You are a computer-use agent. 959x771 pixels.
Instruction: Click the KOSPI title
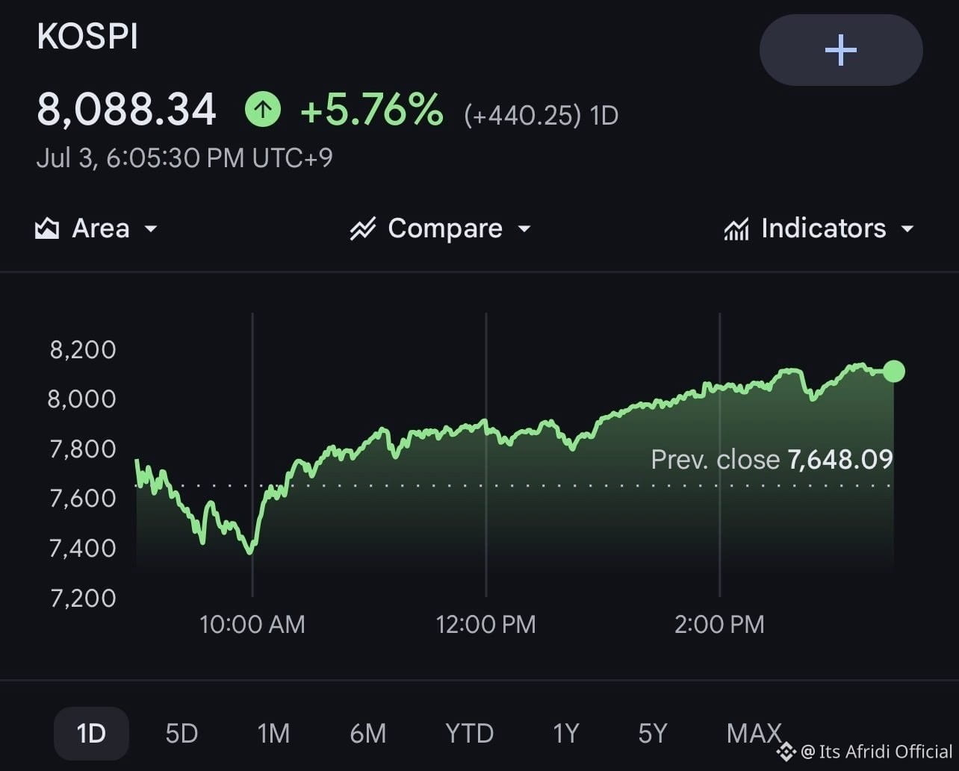click(87, 36)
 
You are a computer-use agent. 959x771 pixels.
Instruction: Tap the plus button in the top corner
click(841, 50)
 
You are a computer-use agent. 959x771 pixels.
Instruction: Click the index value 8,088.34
click(126, 110)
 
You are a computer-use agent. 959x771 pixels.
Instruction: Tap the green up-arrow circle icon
click(263, 109)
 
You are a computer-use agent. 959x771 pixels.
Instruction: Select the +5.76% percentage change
click(372, 109)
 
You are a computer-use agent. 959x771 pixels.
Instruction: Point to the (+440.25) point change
click(522, 116)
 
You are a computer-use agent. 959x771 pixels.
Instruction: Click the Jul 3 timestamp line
click(184, 157)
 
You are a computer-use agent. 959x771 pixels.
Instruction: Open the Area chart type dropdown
click(96, 228)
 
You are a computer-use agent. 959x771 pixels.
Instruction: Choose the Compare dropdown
click(440, 228)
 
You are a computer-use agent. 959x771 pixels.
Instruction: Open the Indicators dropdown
click(819, 228)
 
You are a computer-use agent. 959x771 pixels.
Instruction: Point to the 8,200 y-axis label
click(83, 349)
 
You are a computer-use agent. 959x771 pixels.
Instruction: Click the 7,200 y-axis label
click(83, 598)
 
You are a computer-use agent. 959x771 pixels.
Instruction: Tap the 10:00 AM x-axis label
click(252, 624)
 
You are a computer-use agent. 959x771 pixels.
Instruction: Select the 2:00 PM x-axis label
click(719, 624)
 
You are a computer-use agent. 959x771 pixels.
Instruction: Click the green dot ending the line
click(894, 371)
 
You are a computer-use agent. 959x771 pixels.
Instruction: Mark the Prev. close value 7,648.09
click(840, 459)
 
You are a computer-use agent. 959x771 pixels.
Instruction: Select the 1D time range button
click(91, 733)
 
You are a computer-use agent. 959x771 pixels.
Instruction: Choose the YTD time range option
click(470, 733)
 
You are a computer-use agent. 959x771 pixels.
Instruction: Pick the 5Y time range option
click(653, 733)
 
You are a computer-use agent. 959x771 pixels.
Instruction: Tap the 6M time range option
click(368, 733)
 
